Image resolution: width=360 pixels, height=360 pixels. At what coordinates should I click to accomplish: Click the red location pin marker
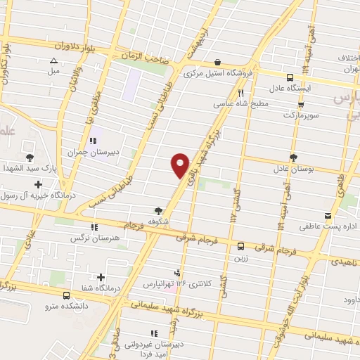click(180, 165)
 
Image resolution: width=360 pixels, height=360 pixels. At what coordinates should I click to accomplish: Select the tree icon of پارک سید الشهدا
click(30, 157)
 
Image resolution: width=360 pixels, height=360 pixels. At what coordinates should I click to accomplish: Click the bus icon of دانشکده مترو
click(67, 295)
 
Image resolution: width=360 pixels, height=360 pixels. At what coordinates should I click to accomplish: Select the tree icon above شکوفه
click(159, 210)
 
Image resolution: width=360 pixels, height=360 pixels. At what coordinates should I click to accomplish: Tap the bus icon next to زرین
click(240, 246)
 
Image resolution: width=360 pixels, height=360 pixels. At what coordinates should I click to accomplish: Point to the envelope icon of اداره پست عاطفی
click(328, 215)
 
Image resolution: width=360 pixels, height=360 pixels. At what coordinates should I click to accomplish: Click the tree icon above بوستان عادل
click(292, 157)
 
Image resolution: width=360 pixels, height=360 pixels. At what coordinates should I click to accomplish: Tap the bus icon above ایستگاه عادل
click(290, 78)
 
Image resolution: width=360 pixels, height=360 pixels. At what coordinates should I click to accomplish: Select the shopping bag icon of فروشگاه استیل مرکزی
click(217, 62)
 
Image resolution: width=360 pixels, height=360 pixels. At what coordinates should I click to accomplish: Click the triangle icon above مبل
click(54, 60)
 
